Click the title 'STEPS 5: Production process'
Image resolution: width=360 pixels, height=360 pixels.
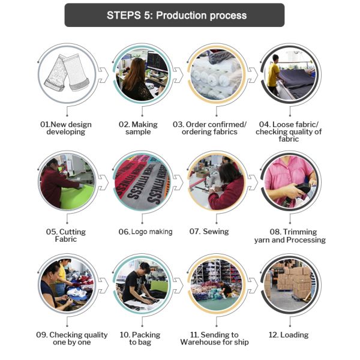click(x=176, y=16)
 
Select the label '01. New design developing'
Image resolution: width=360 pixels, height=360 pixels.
click(x=66, y=128)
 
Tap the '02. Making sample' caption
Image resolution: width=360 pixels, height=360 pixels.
click(x=138, y=128)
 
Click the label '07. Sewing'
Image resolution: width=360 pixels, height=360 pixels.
click(x=209, y=232)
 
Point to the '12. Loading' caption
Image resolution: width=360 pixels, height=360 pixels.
click(x=289, y=335)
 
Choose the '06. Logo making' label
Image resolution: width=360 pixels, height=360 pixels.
click(x=145, y=232)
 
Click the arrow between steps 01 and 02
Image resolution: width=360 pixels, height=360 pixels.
click(x=103, y=75)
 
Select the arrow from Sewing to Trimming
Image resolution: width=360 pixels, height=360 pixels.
click(x=253, y=182)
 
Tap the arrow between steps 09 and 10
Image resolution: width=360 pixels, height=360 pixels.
click(x=103, y=286)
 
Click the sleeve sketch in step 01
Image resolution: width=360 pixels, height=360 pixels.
click(x=67, y=73)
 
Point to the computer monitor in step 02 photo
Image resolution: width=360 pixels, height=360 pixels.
click(x=157, y=62)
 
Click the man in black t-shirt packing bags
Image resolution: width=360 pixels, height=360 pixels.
click(x=138, y=284)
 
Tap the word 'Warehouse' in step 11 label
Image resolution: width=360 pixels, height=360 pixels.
click(x=203, y=342)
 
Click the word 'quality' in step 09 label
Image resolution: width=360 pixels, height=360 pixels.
click(x=94, y=335)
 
